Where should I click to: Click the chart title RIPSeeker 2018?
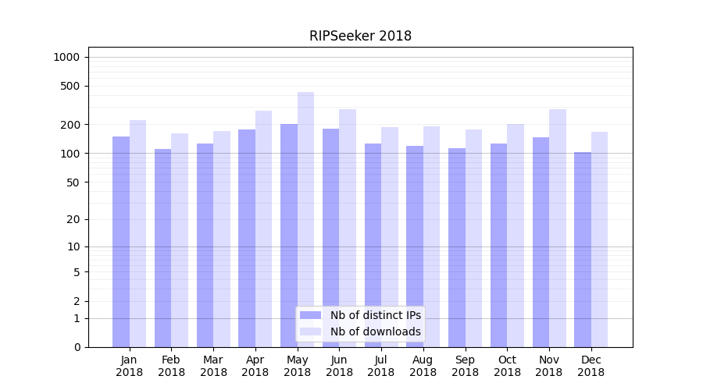(360, 36)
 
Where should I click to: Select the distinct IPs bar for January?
(121, 242)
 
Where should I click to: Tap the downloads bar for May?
(305, 219)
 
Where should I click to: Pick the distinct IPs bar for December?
(583, 250)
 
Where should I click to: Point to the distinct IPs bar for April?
(247, 238)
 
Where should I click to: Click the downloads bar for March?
(222, 239)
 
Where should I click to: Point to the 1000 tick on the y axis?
(66, 57)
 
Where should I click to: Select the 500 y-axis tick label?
(70, 86)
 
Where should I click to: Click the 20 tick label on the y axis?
(73, 219)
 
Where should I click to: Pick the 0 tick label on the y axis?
(77, 347)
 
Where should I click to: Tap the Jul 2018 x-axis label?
(381, 366)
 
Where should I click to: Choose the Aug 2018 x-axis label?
(423, 366)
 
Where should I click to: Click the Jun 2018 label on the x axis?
(339, 366)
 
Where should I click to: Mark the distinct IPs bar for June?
(330, 238)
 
